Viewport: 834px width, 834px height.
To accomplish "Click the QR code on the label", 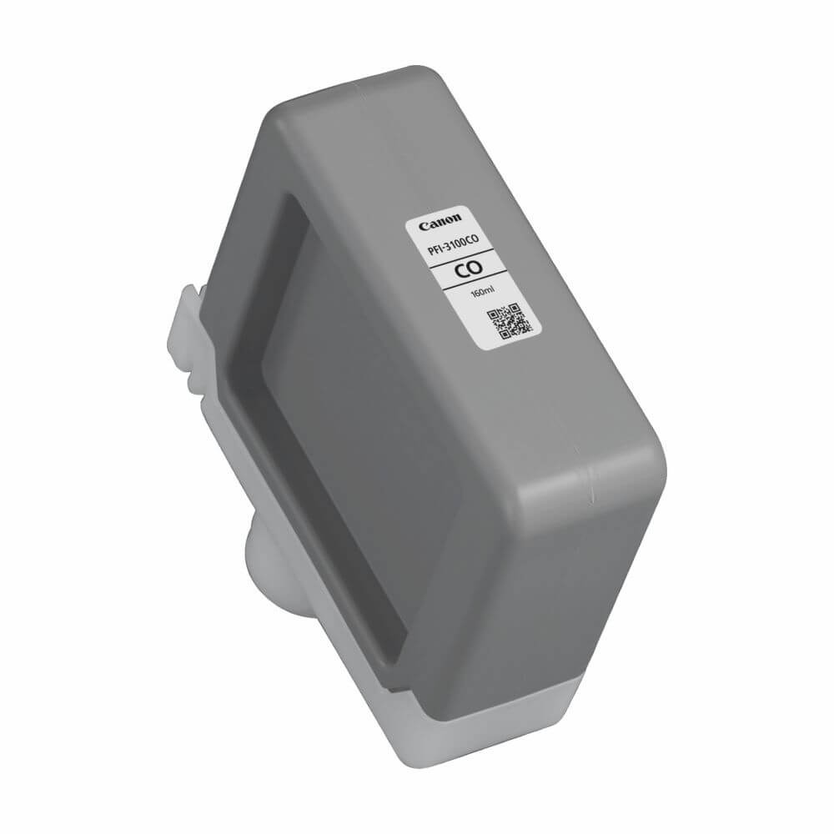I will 508,322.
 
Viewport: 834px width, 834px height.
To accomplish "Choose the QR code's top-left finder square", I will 494,315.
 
